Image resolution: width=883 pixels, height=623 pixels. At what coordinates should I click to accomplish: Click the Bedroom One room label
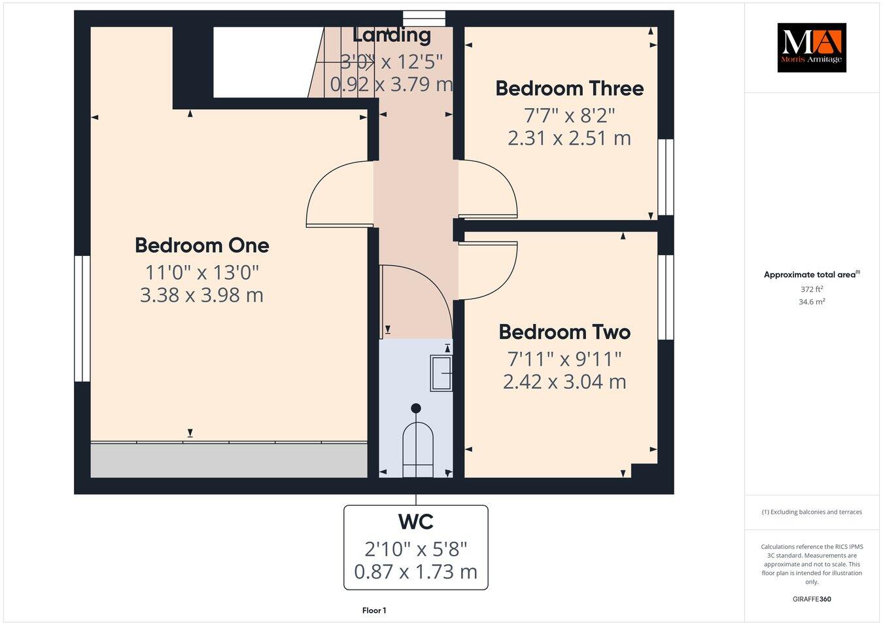pyautogui.click(x=201, y=245)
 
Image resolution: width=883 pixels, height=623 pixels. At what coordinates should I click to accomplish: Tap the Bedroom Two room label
pyautogui.click(x=564, y=332)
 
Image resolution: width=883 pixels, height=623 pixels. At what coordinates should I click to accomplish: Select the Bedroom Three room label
pyautogui.click(x=569, y=88)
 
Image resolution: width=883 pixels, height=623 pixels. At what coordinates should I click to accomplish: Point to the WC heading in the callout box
pyautogui.click(x=416, y=522)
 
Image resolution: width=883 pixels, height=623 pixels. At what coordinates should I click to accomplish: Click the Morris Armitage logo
pyautogui.click(x=811, y=47)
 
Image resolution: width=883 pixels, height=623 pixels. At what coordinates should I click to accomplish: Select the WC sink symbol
pyautogui.click(x=441, y=373)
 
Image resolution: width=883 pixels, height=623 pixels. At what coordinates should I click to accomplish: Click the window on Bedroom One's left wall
pyautogui.click(x=82, y=318)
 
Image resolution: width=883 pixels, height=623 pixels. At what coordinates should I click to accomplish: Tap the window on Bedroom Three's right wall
pyautogui.click(x=666, y=177)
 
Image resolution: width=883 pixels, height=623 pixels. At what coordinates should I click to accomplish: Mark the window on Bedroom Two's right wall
pyautogui.click(x=666, y=297)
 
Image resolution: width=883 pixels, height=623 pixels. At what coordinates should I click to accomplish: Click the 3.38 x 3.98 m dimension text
pyautogui.click(x=201, y=295)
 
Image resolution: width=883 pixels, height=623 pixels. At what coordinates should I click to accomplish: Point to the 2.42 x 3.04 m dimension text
pyautogui.click(x=564, y=382)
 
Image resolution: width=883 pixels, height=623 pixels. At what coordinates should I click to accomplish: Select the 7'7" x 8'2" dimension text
pyautogui.click(x=569, y=116)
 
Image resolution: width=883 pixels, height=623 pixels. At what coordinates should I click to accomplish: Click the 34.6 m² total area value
pyautogui.click(x=812, y=302)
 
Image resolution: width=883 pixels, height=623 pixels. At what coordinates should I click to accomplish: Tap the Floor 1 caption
pyautogui.click(x=374, y=611)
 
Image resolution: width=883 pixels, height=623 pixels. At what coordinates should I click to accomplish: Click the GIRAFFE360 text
pyautogui.click(x=812, y=598)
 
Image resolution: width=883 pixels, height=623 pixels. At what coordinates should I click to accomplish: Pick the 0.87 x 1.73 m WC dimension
pyautogui.click(x=416, y=572)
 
